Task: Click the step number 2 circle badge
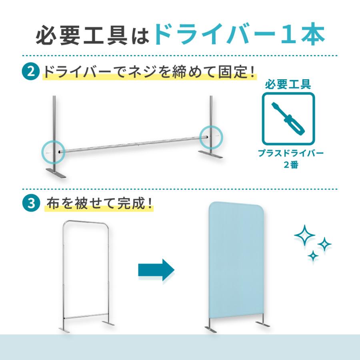(31, 72)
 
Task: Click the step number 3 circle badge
(31, 204)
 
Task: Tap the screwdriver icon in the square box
(288, 119)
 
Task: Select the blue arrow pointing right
(156, 270)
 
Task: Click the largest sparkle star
(304, 235)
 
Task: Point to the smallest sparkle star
(313, 256)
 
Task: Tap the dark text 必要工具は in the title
(92, 35)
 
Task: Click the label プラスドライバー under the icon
(291, 153)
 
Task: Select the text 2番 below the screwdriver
(291, 165)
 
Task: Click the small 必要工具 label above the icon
(288, 85)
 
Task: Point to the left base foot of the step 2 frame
(56, 173)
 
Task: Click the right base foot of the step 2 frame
(210, 154)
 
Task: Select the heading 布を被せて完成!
(100, 204)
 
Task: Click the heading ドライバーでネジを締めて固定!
(149, 72)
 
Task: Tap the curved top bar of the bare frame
(86, 222)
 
